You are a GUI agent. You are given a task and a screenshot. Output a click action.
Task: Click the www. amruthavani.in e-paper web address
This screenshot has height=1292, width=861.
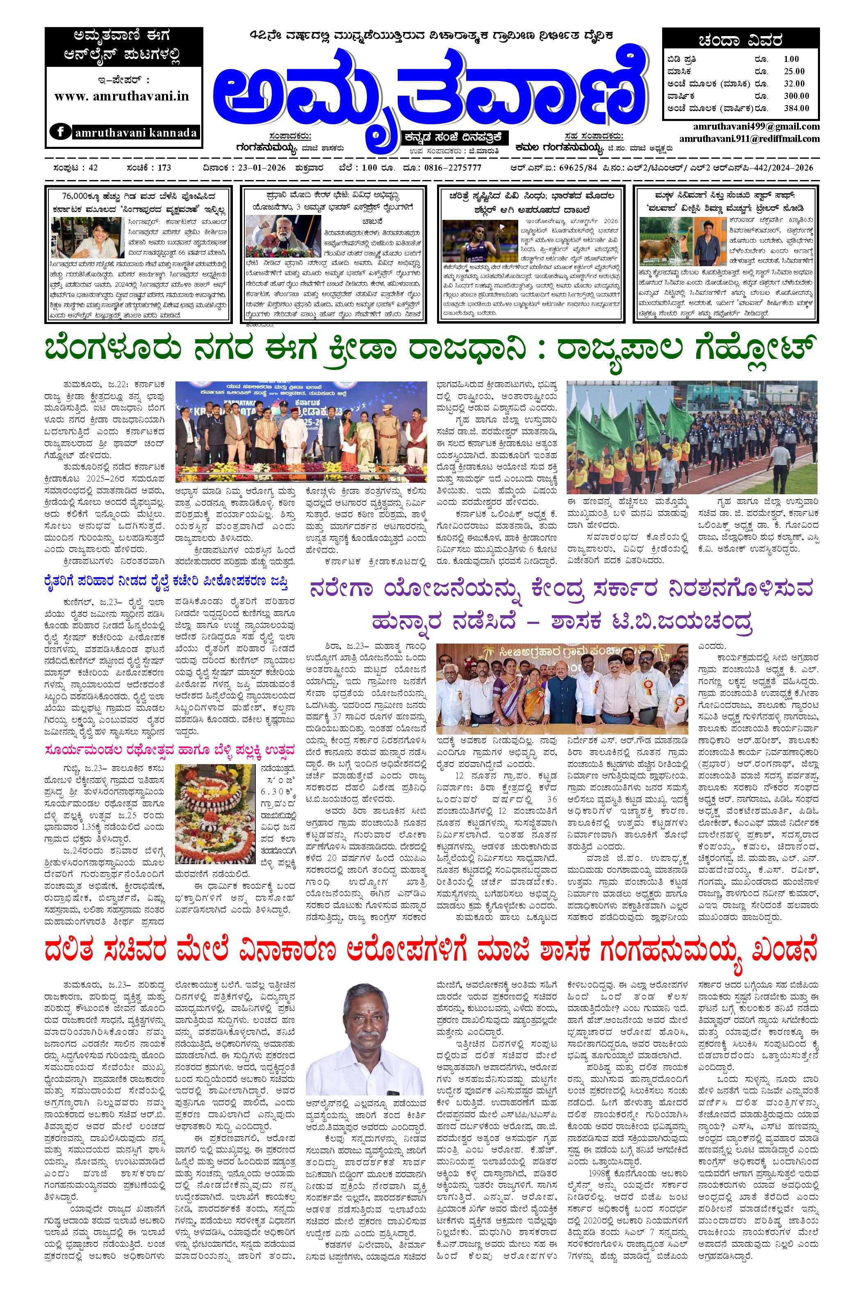click(x=121, y=96)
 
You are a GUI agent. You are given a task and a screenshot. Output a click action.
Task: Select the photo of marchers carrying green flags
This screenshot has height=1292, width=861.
click(x=691, y=437)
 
